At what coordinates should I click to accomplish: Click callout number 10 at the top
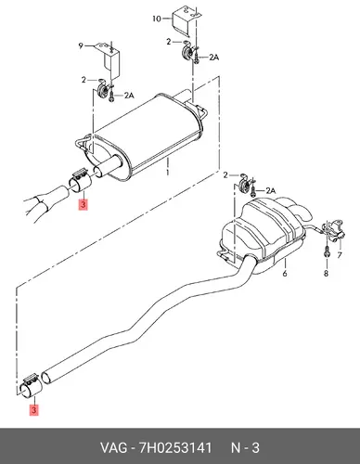point(157,19)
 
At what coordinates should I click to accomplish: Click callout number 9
point(81,45)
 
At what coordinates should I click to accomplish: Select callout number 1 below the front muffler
point(168,172)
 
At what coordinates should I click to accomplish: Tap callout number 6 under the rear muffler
point(285,273)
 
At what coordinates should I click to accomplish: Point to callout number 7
point(340,255)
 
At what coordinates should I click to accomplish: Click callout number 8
point(326,273)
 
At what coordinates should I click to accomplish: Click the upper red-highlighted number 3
point(84,205)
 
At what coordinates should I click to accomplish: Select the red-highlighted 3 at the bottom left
point(33,410)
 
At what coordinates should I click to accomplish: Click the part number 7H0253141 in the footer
point(175,448)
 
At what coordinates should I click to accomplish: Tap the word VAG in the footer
point(113,448)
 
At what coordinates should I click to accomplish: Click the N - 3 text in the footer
point(245,448)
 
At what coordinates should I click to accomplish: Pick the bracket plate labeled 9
point(109,59)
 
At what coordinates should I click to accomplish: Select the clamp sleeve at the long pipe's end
point(30,386)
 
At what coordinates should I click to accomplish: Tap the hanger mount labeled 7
point(334,230)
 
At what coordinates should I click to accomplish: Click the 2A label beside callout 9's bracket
point(129,96)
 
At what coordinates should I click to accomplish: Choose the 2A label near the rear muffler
point(270,191)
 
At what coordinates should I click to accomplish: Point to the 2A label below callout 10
point(213,58)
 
